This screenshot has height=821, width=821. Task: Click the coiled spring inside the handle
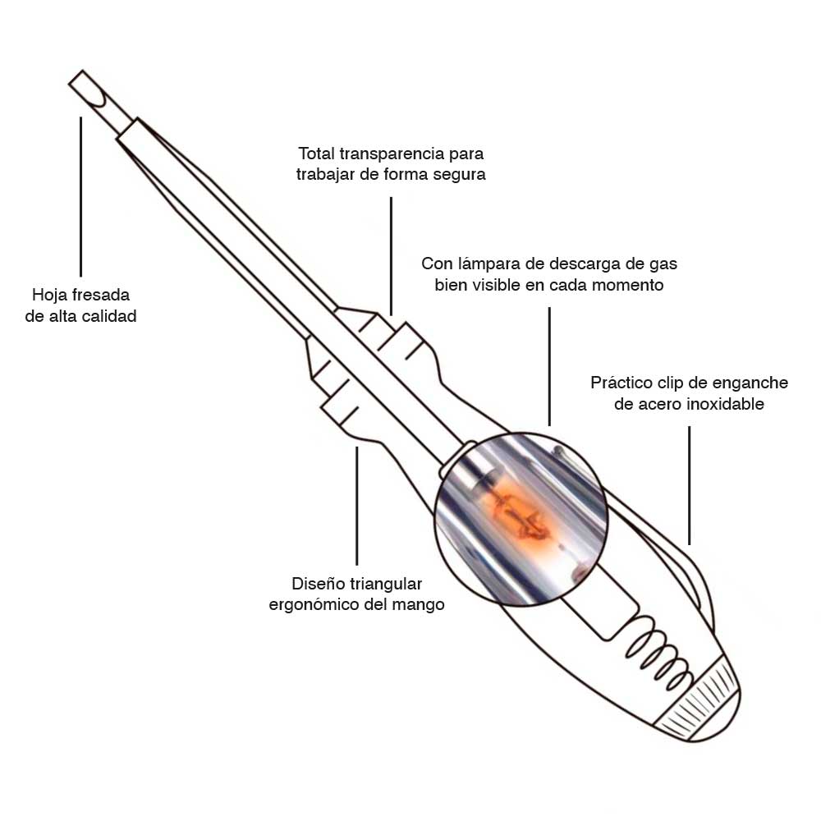coord(657,650)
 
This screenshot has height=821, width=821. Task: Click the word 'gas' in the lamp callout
coord(663,264)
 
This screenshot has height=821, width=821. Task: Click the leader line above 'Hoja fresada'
coord(80,196)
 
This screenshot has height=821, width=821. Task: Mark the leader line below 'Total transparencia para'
coord(391,256)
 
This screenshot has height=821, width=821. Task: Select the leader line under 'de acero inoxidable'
coord(689,485)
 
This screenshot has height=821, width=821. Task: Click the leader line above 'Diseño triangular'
coord(357,506)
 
